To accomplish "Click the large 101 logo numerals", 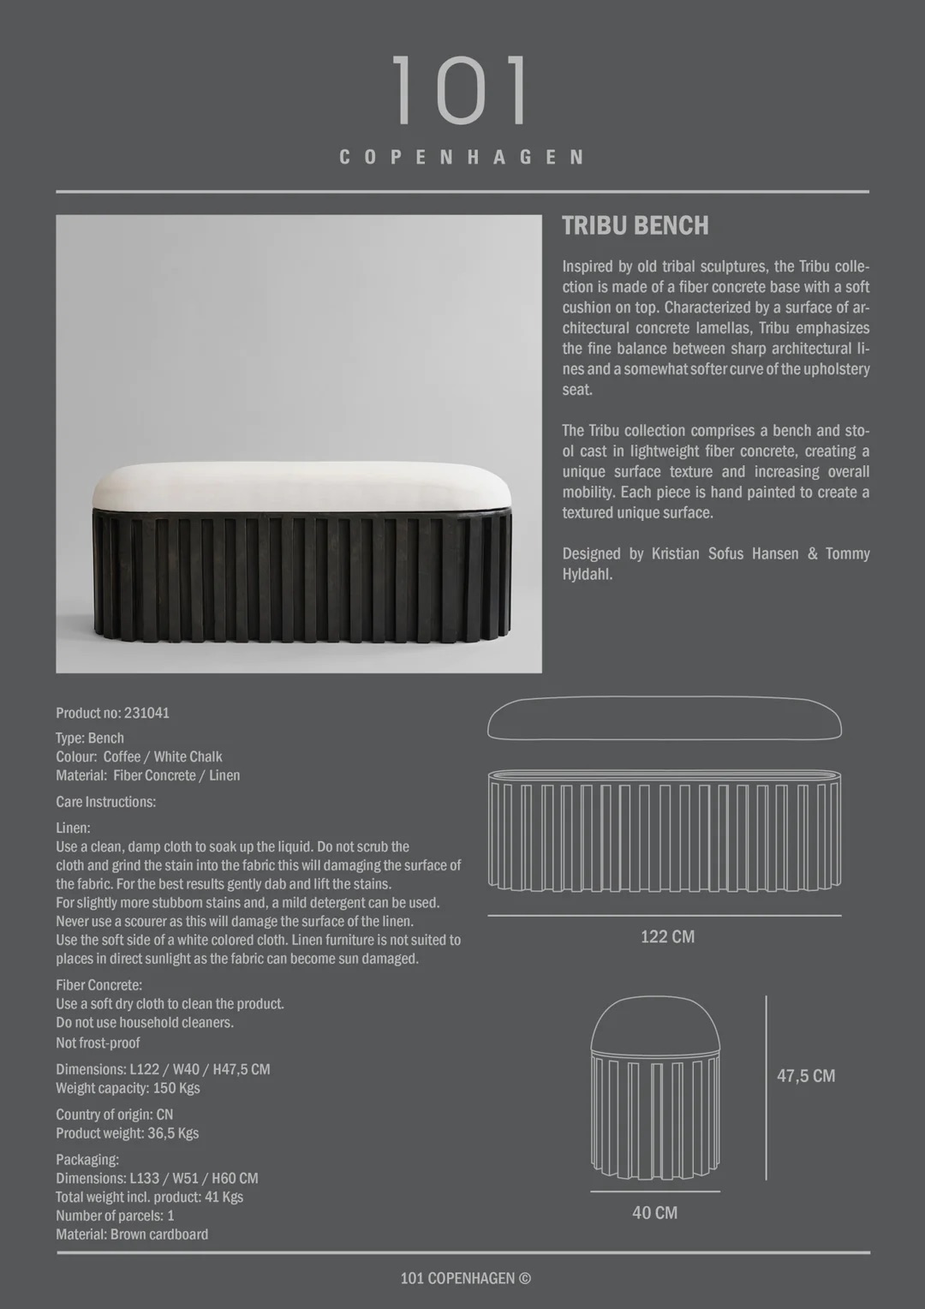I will click(461, 91).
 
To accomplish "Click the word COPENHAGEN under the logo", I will click(462, 158).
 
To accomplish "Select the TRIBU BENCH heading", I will click(636, 226).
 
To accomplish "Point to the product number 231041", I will click(146, 713).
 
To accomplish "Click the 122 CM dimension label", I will click(667, 936).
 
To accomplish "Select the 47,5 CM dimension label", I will click(805, 1076).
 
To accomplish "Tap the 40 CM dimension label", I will click(654, 1213).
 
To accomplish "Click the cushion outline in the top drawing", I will click(665, 719).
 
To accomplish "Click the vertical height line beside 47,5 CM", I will click(766, 1088).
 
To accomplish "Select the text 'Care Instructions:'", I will click(106, 802).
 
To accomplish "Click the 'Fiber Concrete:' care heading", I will click(99, 985).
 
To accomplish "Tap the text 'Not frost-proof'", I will click(98, 1043).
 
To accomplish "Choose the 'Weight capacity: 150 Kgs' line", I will click(128, 1088).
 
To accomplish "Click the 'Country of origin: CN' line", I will click(115, 1115).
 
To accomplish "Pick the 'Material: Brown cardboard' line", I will click(132, 1234).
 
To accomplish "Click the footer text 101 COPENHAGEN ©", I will click(465, 1278).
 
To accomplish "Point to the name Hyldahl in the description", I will click(587, 574).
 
